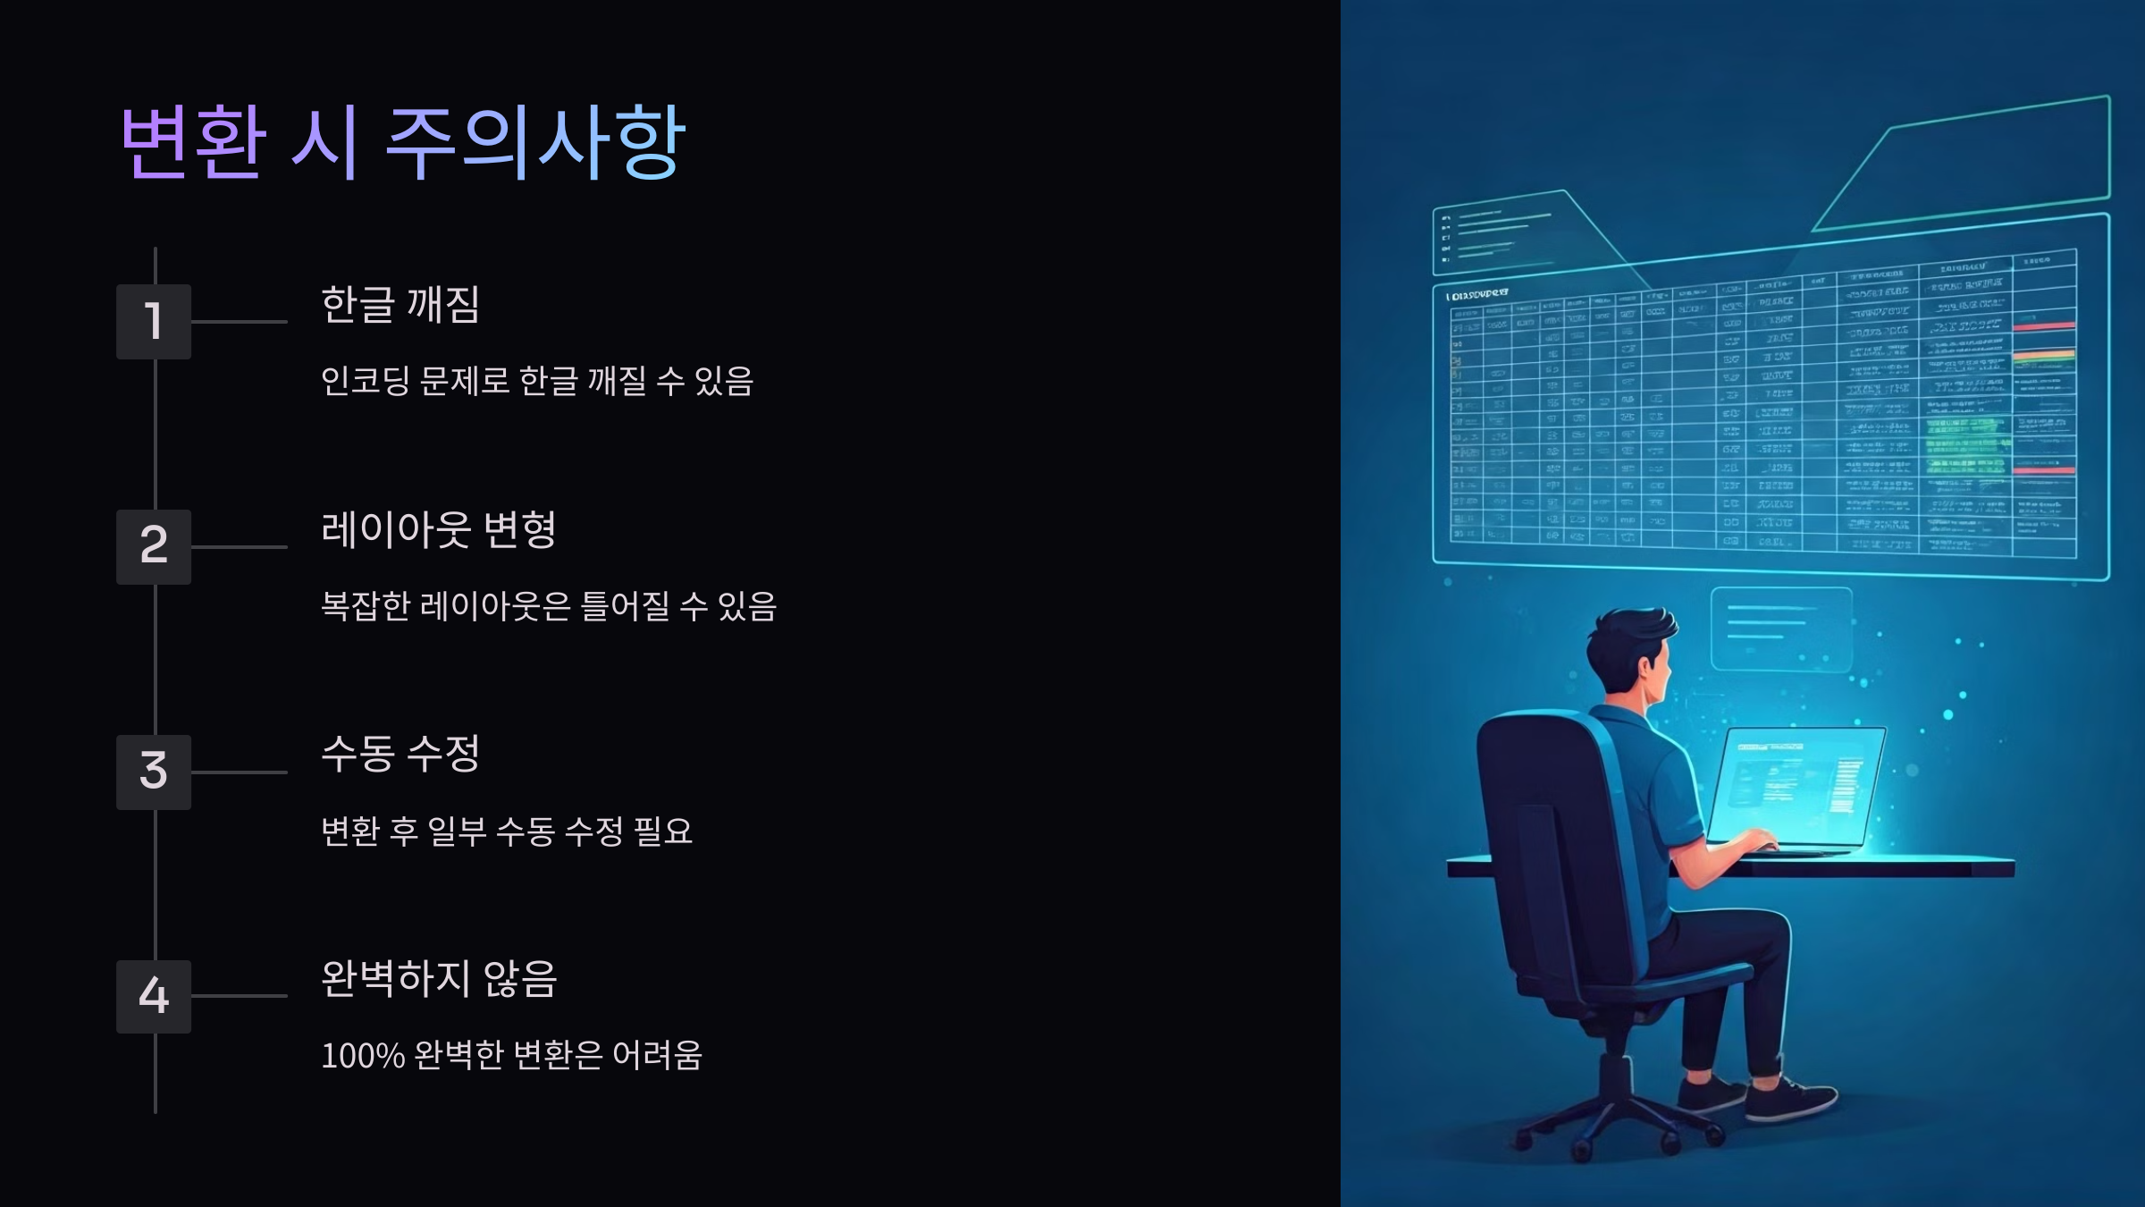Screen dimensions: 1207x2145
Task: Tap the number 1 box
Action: coord(154,322)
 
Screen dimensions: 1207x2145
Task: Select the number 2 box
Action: coord(154,546)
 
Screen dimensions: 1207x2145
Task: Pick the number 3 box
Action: coord(154,772)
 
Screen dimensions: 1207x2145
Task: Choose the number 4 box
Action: coord(154,996)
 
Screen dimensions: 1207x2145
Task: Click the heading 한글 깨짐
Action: coord(400,305)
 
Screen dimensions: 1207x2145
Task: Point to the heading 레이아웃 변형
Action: coord(438,529)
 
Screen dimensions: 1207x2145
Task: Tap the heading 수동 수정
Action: coord(400,754)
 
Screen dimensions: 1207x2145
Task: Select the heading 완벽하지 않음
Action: coord(438,978)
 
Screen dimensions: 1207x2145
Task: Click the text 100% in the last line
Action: coord(363,1056)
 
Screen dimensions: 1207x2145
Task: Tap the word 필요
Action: coord(662,831)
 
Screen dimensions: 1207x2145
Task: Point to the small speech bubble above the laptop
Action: coord(1780,628)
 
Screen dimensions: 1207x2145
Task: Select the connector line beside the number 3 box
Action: coord(239,772)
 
